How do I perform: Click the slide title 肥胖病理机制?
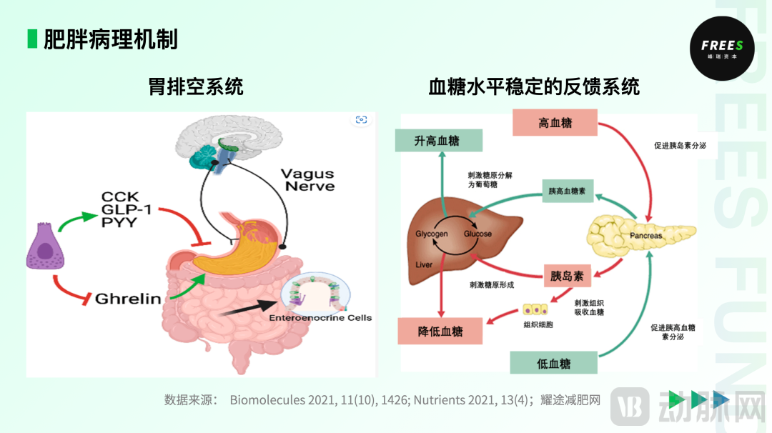pyautogui.click(x=110, y=39)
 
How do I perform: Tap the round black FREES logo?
pyautogui.click(x=721, y=48)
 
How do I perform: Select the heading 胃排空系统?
pyautogui.click(x=196, y=87)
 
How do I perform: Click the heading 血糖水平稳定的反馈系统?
pyautogui.click(x=533, y=87)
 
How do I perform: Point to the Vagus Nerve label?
pyautogui.click(x=307, y=180)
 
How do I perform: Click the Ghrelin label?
pyautogui.click(x=129, y=299)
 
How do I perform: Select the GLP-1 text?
pyautogui.click(x=129, y=209)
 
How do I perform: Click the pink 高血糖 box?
pyautogui.click(x=555, y=123)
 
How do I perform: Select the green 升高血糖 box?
pyautogui.click(x=438, y=141)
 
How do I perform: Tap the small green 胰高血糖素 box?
pyautogui.click(x=568, y=191)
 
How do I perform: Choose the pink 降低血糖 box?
pyautogui.click(x=440, y=332)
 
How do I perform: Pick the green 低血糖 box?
pyautogui.click(x=553, y=363)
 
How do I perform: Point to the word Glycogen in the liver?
pyautogui.click(x=431, y=234)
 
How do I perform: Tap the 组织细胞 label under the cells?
pyautogui.click(x=538, y=324)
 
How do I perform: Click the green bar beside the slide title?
pyautogui.click(x=31, y=39)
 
